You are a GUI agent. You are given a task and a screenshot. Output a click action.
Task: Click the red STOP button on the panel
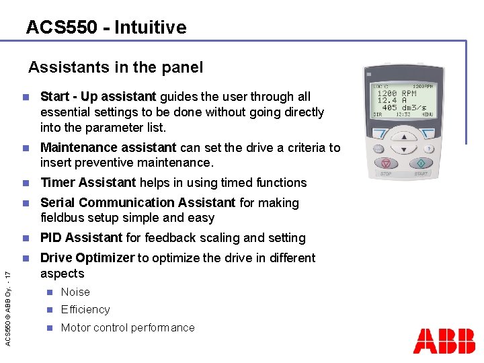tap(387, 164)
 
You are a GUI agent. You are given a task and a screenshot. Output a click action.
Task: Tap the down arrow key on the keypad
tap(403, 149)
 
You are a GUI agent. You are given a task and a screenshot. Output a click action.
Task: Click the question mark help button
tap(428, 149)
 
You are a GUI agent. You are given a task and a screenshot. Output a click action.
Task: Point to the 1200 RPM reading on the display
tap(399, 93)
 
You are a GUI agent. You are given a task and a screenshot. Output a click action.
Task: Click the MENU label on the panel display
tap(427, 115)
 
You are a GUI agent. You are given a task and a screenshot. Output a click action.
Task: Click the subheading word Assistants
tap(61, 67)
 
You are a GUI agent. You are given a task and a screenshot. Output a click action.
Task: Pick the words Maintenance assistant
tap(108, 148)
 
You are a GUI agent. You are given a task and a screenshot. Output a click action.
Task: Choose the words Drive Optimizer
tap(87, 258)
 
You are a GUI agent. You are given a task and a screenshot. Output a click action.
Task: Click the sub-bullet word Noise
tap(75, 292)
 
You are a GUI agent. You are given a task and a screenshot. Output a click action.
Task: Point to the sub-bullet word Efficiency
tap(85, 310)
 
